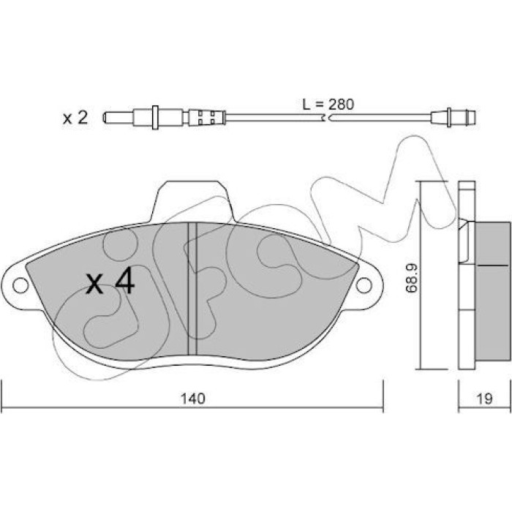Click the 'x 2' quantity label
coord(75,118)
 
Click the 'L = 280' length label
coord(328,104)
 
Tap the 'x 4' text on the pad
coord(110,280)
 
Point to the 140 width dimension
coord(193,399)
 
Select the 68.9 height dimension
coord(411,278)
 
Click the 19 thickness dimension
coord(484,399)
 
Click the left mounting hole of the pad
coord(20,285)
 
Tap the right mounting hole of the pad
coord(364,285)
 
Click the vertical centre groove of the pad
coord(192,288)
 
